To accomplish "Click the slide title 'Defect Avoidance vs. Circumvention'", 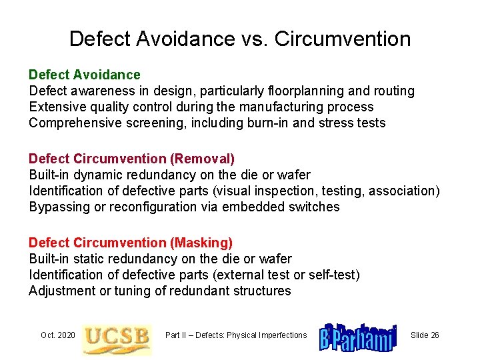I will coord(240,39).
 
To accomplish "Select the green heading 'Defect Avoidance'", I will coord(85,75).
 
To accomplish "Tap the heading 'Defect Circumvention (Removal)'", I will coord(131,159).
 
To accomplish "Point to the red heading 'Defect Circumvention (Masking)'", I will coord(131,243).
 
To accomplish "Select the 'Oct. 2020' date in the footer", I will coord(58,335).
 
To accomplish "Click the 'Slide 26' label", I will coord(425,335).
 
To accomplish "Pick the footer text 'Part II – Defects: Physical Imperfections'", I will coord(236,335).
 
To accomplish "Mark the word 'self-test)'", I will coord(333,275).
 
